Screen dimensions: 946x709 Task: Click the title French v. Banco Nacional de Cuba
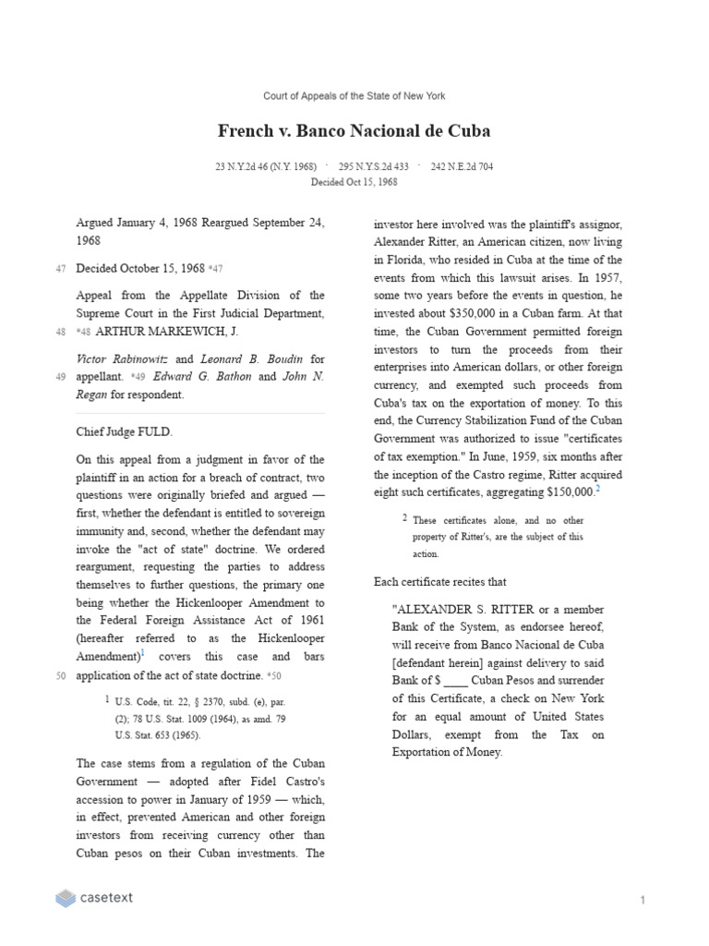point(354,130)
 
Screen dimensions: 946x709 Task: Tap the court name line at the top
point(354,96)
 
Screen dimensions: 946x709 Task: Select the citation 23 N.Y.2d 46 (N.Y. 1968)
point(264,167)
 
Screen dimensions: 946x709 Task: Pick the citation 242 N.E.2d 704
point(462,167)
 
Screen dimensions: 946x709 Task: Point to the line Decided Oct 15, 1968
point(354,182)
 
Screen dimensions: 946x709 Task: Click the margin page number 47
point(60,269)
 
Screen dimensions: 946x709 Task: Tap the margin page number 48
point(60,332)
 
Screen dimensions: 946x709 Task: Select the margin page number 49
point(60,377)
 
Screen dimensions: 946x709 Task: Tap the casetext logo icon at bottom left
point(65,898)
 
